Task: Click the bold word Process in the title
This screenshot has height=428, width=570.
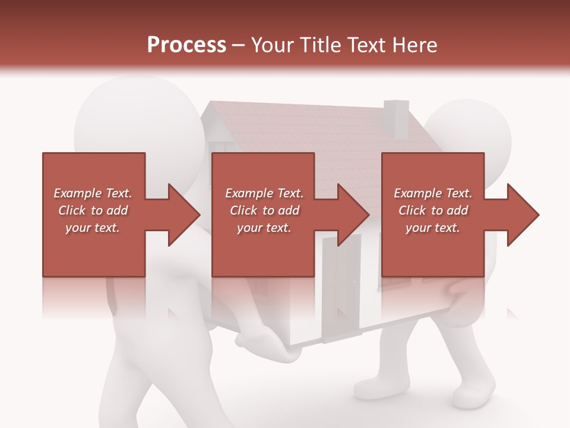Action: point(186,45)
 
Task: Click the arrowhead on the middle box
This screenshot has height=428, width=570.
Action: point(353,215)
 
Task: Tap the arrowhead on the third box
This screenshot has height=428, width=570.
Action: point(522,215)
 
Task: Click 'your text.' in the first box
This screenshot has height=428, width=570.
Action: point(93,228)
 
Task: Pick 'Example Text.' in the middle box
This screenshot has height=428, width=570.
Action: point(264,193)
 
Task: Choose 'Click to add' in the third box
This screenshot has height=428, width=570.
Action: point(433,210)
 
